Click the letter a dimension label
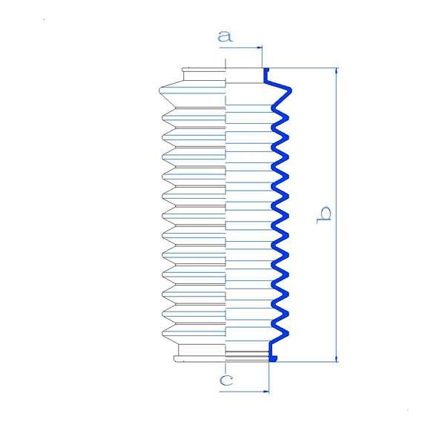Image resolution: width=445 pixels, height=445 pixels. tap(225, 36)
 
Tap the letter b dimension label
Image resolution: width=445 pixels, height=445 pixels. tap(324, 215)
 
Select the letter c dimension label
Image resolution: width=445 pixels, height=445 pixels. tap(226, 380)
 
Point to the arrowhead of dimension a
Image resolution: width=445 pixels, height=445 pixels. tap(260, 47)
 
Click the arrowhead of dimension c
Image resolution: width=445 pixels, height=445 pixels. tap(266, 392)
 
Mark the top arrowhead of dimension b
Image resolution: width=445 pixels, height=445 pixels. tap(337, 71)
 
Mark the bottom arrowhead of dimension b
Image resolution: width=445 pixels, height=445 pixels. tap(337, 359)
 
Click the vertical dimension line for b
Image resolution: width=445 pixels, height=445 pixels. tap(337, 215)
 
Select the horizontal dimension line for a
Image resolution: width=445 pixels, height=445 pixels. tap(240, 47)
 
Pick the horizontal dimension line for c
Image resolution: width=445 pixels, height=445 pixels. tap(244, 392)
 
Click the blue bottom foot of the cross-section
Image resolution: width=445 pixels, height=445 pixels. tap(273, 359)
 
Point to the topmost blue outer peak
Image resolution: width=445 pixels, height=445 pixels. tap(289, 90)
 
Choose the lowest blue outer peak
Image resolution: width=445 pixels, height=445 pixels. tap(286, 333)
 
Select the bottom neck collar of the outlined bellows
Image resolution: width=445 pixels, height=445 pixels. tap(202, 349)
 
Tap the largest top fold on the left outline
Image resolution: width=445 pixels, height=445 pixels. tap(192, 94)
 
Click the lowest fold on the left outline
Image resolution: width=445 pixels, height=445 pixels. tap(194, 334)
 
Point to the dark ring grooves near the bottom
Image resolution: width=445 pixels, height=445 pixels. tap(247, 354)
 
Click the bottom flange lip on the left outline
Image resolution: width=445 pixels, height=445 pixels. tap(200, 359)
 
